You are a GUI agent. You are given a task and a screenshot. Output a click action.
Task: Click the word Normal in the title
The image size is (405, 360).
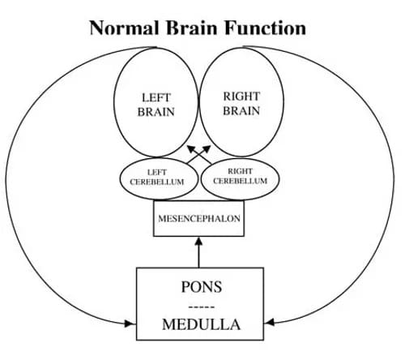point(124,28)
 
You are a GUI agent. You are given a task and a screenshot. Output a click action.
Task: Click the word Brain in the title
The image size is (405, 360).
point(191,28)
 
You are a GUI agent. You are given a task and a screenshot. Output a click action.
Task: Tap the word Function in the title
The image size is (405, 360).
point(265,28)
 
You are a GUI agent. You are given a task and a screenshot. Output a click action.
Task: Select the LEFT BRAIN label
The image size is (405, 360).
point(156,105)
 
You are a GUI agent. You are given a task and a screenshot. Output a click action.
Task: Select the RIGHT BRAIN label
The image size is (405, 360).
point(241,104)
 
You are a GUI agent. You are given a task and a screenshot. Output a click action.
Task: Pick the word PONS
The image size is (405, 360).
point(202,287)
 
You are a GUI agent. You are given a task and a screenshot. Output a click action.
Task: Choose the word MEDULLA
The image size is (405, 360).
point(201,324)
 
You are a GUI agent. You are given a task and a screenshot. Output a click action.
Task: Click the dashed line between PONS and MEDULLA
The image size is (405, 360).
point(202,307)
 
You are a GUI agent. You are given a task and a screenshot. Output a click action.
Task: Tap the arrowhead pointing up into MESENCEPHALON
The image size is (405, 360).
point(198,241)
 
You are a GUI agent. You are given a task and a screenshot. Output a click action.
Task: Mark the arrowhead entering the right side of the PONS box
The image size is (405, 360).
point(269,322)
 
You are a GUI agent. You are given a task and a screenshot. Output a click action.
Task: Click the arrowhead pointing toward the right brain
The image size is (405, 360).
point(207,149)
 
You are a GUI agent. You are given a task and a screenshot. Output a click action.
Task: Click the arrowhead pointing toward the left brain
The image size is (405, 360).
point(191,149)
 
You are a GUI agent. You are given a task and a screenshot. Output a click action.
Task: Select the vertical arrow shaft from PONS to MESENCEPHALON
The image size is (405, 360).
point(198,256)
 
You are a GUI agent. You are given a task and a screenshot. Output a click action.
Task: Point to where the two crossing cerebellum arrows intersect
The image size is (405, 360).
point(199,155)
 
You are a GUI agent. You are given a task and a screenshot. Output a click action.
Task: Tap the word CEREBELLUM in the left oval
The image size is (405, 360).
point(157,182)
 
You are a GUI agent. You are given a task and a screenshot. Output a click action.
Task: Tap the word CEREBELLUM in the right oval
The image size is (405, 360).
point(240,181)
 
